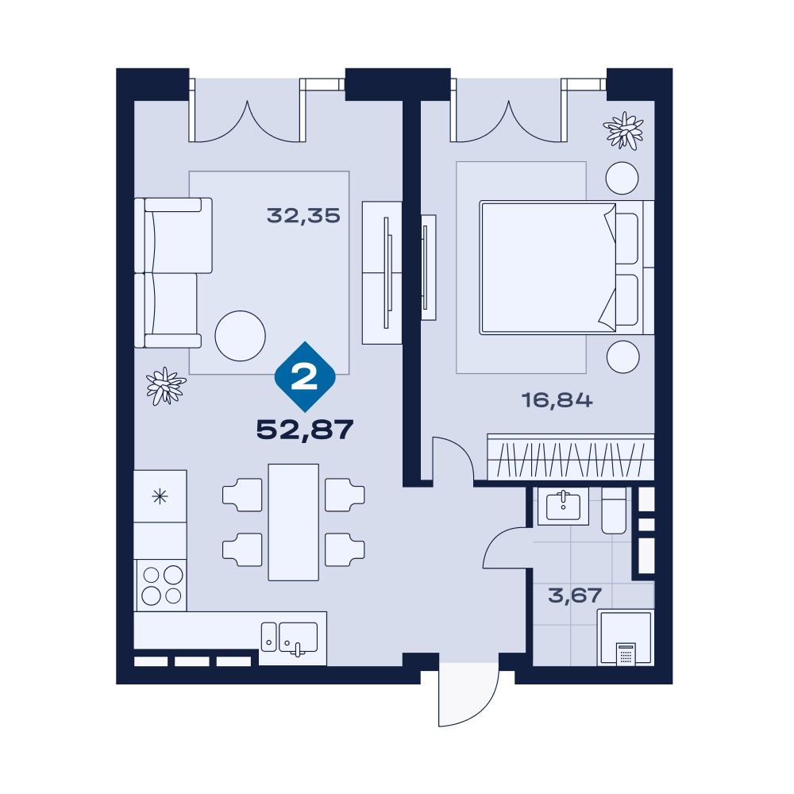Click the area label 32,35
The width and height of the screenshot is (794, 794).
coord(303,216)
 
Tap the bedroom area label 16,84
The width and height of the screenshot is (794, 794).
coord(557,400)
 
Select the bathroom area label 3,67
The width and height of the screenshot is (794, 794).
coord(575,595)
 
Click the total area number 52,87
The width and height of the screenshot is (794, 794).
coord(305,430)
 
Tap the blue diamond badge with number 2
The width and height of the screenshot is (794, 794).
coord(305,376)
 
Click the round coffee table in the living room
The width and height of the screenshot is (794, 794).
coord(240,336)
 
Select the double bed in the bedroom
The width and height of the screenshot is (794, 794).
coord(567,268)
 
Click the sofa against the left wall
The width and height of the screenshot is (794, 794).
coord(172,273)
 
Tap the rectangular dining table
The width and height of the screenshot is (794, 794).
coord(293,522)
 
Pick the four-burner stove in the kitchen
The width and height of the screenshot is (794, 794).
coord(161,585)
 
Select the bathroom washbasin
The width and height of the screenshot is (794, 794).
coord(563,506)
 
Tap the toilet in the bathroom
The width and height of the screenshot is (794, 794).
coord(614,511)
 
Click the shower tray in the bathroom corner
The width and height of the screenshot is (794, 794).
coord(626,637)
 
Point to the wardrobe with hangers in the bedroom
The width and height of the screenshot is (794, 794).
coord(571,457)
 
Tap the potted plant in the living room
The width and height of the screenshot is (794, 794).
coord(166,387)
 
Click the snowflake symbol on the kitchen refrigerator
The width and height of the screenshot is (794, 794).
coord(160,496)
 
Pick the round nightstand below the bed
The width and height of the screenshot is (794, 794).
coord(622,357)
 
